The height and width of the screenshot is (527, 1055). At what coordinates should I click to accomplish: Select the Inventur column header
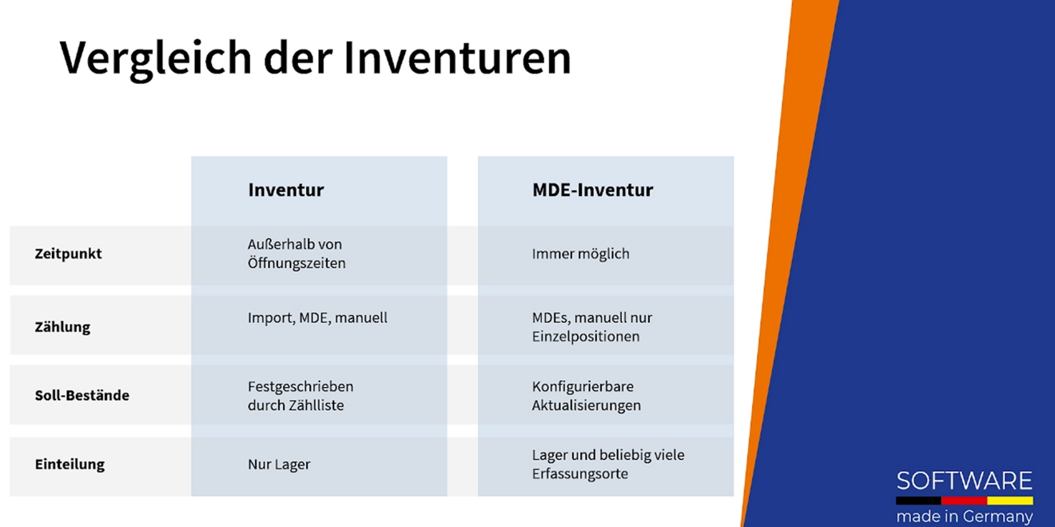tap(285, 190)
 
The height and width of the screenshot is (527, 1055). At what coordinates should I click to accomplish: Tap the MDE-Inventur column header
tap(592, 190)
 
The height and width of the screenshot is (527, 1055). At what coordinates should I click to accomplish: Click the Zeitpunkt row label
tap(68, 254)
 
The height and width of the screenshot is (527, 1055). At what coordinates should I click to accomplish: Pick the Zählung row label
tap(62, 327)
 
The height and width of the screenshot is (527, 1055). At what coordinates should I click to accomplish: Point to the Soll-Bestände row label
tap(82, 396)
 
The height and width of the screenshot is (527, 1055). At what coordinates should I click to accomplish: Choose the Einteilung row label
tap(70, 465)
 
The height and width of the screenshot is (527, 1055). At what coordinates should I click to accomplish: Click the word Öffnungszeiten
tap(297, 263)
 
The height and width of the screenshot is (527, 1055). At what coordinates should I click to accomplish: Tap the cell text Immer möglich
tap(580, 254)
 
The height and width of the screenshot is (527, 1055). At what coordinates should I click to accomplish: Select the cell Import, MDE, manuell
tap(317, 318)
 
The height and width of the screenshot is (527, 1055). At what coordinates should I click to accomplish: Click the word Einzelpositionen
tap(586, 337)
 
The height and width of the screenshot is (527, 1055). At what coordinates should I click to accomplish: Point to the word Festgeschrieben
tap(301, 386)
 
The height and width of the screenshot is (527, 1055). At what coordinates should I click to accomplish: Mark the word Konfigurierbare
tap(583, 386)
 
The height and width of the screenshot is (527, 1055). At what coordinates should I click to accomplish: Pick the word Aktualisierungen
tap(586, 405)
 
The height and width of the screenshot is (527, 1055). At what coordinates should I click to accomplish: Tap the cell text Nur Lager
tap(279, 465)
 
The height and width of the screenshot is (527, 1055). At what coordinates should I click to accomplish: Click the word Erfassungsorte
tap(579, 474)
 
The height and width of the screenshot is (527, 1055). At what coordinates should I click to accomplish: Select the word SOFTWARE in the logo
tap(964, 481)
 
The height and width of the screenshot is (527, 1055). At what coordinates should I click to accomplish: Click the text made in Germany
tap(964, 517)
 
